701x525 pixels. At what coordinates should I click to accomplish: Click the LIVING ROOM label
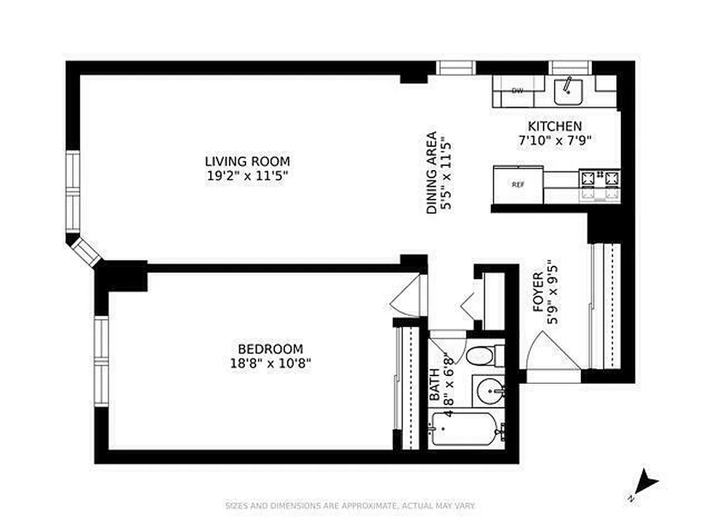[x=247, y=161]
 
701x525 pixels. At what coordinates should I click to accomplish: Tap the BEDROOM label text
[x=270, y=349]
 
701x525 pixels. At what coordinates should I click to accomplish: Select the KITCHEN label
[x=555, y=126]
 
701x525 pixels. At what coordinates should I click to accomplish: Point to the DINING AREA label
[x=431, y=173]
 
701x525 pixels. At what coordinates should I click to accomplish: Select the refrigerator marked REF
[x=518, y=184]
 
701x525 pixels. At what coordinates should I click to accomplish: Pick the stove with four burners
[x=599, y=184]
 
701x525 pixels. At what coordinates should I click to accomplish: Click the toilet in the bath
[x=484, y=356]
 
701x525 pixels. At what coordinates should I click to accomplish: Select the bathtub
[x=465, y=431]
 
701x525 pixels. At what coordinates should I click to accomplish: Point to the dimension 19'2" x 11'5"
[x=247, y=175]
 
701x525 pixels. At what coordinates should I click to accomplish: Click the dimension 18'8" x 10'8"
[x=270, y=362]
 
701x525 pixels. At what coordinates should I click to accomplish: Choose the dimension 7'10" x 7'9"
[x=555, y=140]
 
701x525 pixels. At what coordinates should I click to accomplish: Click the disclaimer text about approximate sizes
[x=350, y=506]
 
